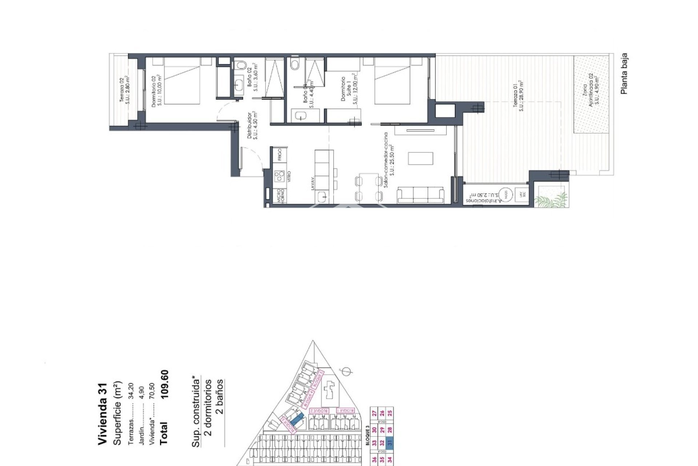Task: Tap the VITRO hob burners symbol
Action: click(279, 177)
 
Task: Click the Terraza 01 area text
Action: click(518, 95)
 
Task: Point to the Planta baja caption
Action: click(624, 74)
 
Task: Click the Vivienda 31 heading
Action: click(103, 414)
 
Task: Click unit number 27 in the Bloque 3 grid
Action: click(374, 413)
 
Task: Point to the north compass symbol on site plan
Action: click(346, 371)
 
